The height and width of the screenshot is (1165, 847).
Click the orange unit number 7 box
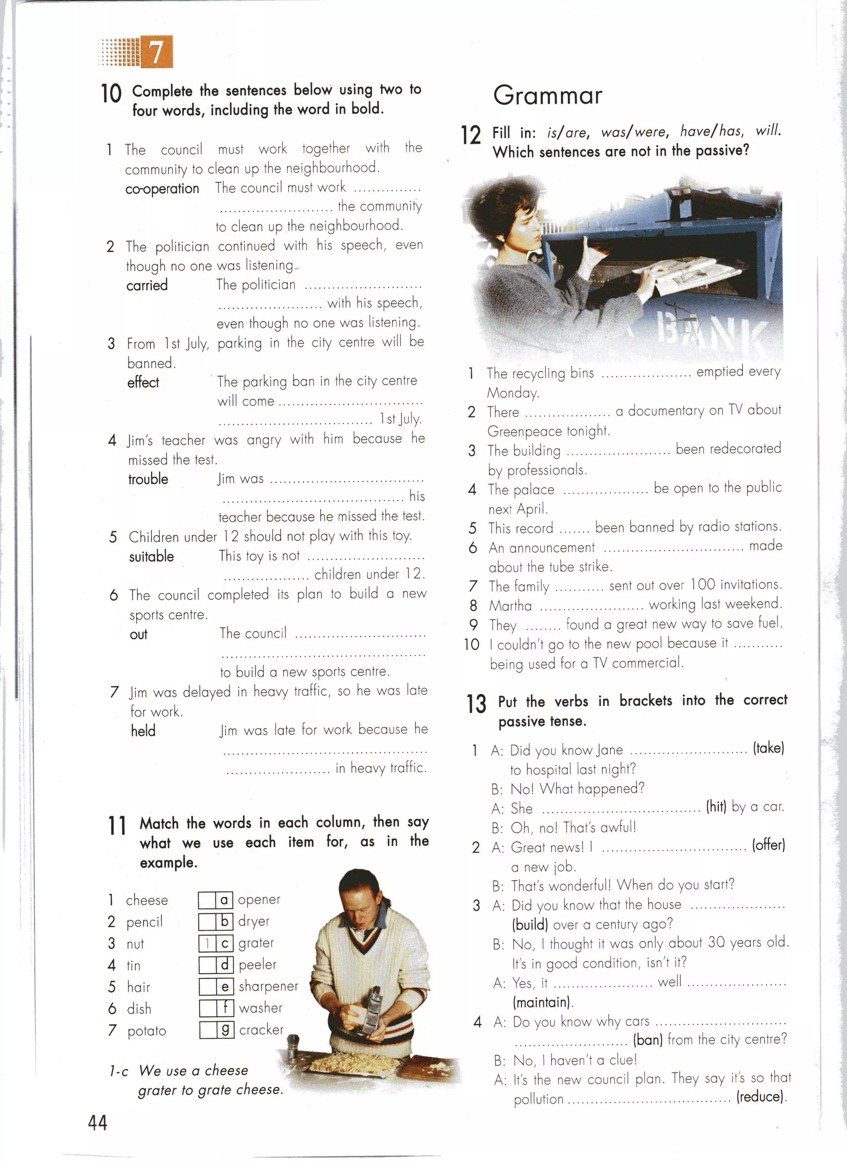click(x=156, y=51)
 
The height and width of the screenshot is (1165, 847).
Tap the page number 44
click(x=98, y=1122)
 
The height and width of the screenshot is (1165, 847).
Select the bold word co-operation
click(x=162, y=189)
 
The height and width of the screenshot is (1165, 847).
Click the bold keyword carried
click(x=147, y=285)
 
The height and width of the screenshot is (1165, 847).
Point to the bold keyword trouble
click(x=148, y=479)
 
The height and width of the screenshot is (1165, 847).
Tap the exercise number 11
click(x=117, y=826)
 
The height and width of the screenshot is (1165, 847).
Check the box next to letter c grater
click(x=207, y=943)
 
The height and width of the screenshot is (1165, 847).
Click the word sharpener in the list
click(x=268, y=986)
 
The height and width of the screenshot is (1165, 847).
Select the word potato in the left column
click(x=146, y=1031)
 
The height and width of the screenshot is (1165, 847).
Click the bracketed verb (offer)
click(x=768, y=845)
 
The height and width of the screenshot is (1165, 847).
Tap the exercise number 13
click(x=476, y=704)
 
